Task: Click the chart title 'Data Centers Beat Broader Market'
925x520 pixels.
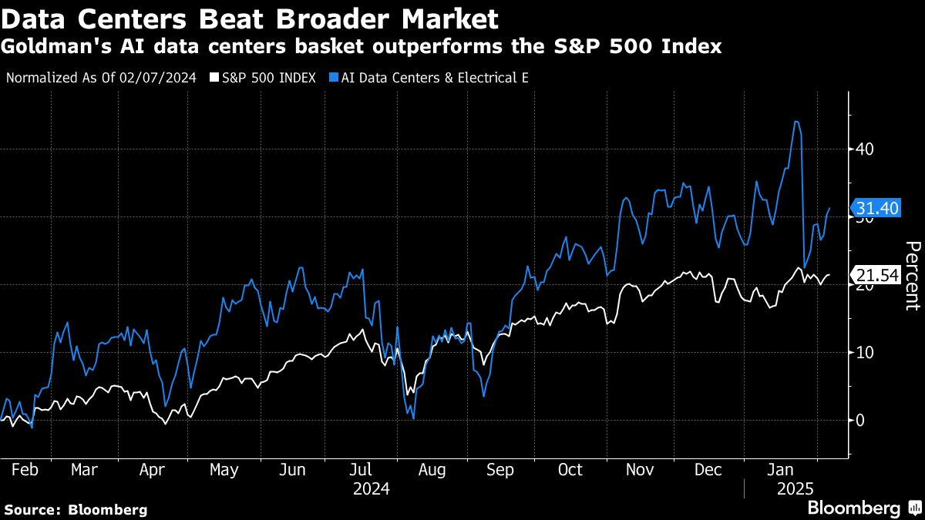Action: pos(250,17)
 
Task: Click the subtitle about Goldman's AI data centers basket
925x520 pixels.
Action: pos(362,47)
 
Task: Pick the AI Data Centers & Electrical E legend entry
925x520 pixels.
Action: pos(428,78)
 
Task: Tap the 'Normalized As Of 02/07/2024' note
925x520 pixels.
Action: pos(101,78)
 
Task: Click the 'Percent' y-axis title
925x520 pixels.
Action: pos(912,275)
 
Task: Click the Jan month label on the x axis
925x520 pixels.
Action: pos(784,469)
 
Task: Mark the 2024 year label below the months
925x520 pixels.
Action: pos(372,488)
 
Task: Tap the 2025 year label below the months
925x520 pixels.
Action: pos(795,488)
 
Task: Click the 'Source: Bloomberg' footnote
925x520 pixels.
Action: pos(76,509)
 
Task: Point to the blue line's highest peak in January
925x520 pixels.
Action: pos(796,122)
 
